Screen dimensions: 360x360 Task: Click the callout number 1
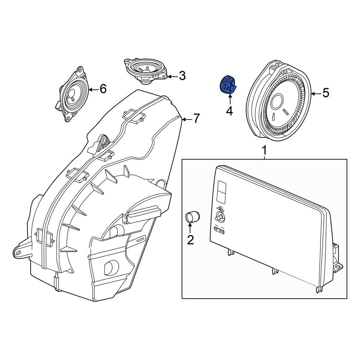pos(265,150)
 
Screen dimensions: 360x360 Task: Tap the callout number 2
pos(190,240)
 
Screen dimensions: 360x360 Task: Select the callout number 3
pos(182,76)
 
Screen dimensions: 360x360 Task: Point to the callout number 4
pos(230,111)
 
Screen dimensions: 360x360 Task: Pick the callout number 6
pos(103,89)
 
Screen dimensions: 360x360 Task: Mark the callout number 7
pos(196,118)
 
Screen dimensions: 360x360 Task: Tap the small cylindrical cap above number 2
pos(192,217)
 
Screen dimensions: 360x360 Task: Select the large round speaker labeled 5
pos(279,101)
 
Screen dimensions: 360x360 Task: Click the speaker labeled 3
pos(146,71)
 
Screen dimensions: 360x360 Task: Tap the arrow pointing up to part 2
pos(190,228)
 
